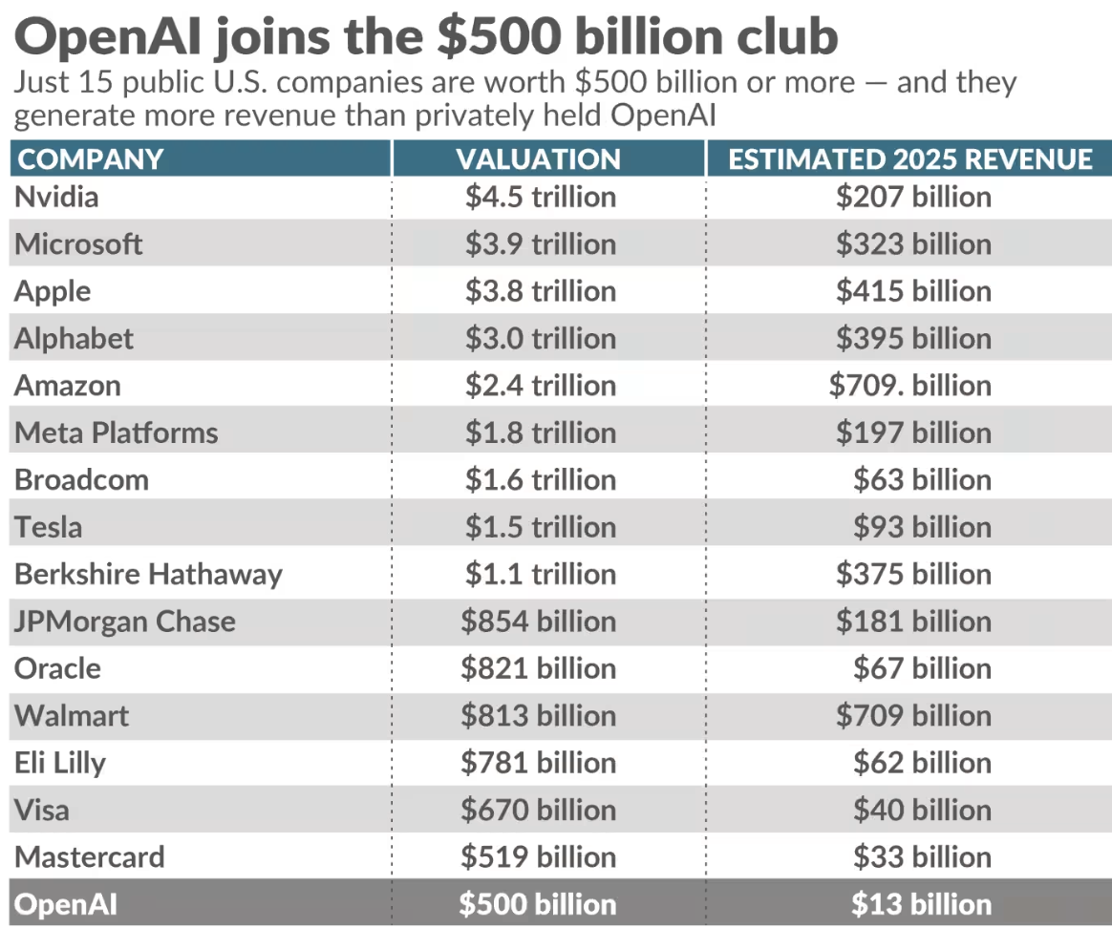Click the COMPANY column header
click(x=91, y=158)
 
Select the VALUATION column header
click(x=538, y=158)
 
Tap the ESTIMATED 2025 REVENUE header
click(x=909, y=158)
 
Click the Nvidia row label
click(x=56, y=197)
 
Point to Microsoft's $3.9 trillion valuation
click(x=540, y=243)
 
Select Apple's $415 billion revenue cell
click(x=913, y=291)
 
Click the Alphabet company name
click(x=74, y=338)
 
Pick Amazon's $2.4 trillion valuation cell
click(x=540, y=386)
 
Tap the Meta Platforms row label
click(x=116, y=432)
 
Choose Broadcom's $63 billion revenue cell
click(x=922, y=479)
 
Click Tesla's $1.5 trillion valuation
click(x=540, y=527)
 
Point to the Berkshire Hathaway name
click(x=148, y=574)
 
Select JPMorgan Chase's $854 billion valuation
click(x=538, y=622)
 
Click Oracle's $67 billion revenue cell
click(x=922, y=668)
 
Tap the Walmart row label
click(x=72, y=715)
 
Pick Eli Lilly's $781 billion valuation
click(x=538, y=763)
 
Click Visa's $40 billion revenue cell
click(x=922, y=810)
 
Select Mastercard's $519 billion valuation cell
click(x=538, y=856)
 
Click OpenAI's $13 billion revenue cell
click(x=921, y=904)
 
